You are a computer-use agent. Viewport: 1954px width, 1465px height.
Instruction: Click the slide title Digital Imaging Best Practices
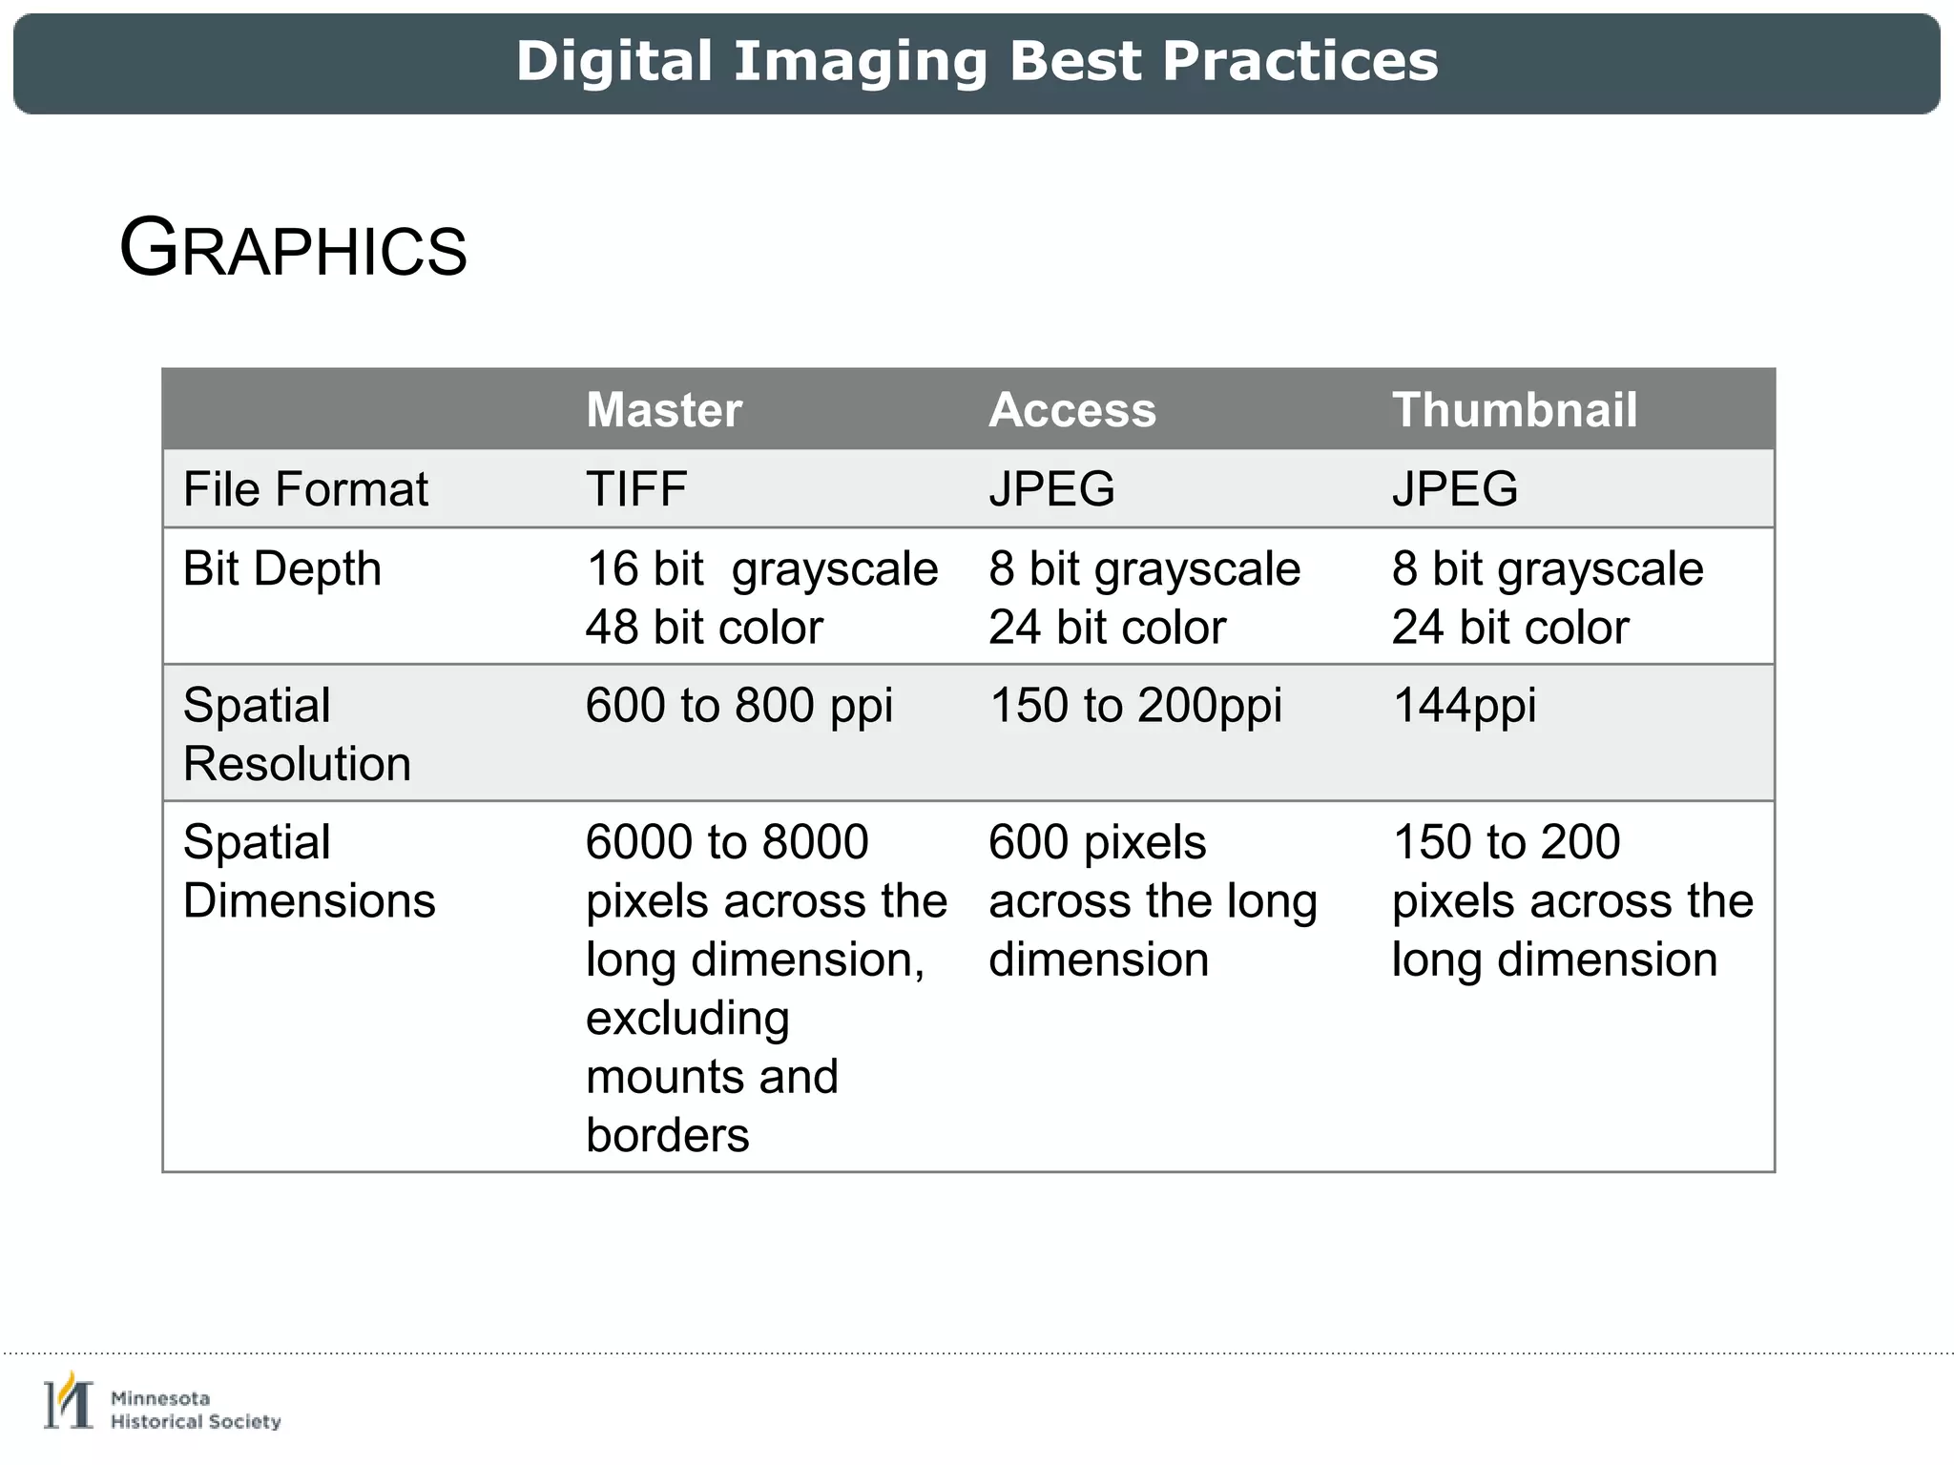[977, 62]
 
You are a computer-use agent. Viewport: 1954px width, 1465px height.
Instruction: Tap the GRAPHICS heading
[293, 249]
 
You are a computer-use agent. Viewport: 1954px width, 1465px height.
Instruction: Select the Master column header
[664, 410]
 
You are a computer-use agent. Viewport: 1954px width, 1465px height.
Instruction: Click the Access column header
[1072, 410]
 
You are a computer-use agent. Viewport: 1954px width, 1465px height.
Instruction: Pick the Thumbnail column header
[1514, 410]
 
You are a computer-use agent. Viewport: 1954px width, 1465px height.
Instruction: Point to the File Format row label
[305, 489]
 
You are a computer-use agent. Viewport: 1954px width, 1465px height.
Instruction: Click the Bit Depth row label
[282, 569]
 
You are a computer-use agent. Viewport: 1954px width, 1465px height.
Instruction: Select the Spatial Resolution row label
[297, 734]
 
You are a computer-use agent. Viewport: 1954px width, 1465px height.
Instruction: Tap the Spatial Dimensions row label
[309, 871]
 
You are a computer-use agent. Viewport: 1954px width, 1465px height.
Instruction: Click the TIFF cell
[636, 489]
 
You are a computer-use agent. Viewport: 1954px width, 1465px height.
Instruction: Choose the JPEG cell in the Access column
[1051, 489]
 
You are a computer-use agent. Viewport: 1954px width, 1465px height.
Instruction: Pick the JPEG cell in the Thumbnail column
[1455, 489]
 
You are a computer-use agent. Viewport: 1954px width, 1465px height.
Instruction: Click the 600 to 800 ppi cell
[739, 706]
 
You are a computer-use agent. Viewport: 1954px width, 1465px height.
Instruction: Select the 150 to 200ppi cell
[1135, 706]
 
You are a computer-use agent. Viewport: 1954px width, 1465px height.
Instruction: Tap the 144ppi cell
[1465, 706]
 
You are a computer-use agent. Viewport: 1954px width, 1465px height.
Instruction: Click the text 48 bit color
[704, 628]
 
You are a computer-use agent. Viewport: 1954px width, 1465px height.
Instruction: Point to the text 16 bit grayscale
[761, 569]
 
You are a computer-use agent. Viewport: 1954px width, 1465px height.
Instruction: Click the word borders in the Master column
[668, 1135]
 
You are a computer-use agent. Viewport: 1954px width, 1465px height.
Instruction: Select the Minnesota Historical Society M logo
[69, 1402]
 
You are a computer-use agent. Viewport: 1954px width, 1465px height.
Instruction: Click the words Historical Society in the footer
[196, 1422]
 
